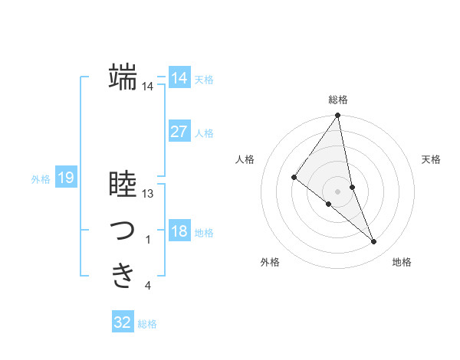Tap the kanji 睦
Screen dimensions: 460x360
coord(123,185)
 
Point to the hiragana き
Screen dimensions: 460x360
coord(123,275)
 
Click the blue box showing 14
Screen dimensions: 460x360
coord(179,78)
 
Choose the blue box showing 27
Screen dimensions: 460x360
coord(179,132)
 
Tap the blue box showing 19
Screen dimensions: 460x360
coord(65,178)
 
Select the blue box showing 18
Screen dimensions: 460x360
coord(179,231)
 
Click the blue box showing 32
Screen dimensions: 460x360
coord(122,322)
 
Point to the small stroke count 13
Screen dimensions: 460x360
coord(148,194)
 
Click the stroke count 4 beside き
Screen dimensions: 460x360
coord(147,286)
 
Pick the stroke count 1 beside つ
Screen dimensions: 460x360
coord(147,241)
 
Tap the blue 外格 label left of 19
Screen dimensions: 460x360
coord(41,179)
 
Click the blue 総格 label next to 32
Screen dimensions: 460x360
coord(147,324)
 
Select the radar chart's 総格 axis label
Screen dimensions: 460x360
coord(337,100)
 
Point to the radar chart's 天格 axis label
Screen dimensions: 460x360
coord(432,159)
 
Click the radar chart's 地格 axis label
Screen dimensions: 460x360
coord(402,262)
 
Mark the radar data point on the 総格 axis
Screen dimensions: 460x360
coord(337,116)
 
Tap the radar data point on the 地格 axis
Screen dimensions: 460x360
coord(373,242)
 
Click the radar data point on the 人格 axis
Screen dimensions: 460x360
coord(294,177)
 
